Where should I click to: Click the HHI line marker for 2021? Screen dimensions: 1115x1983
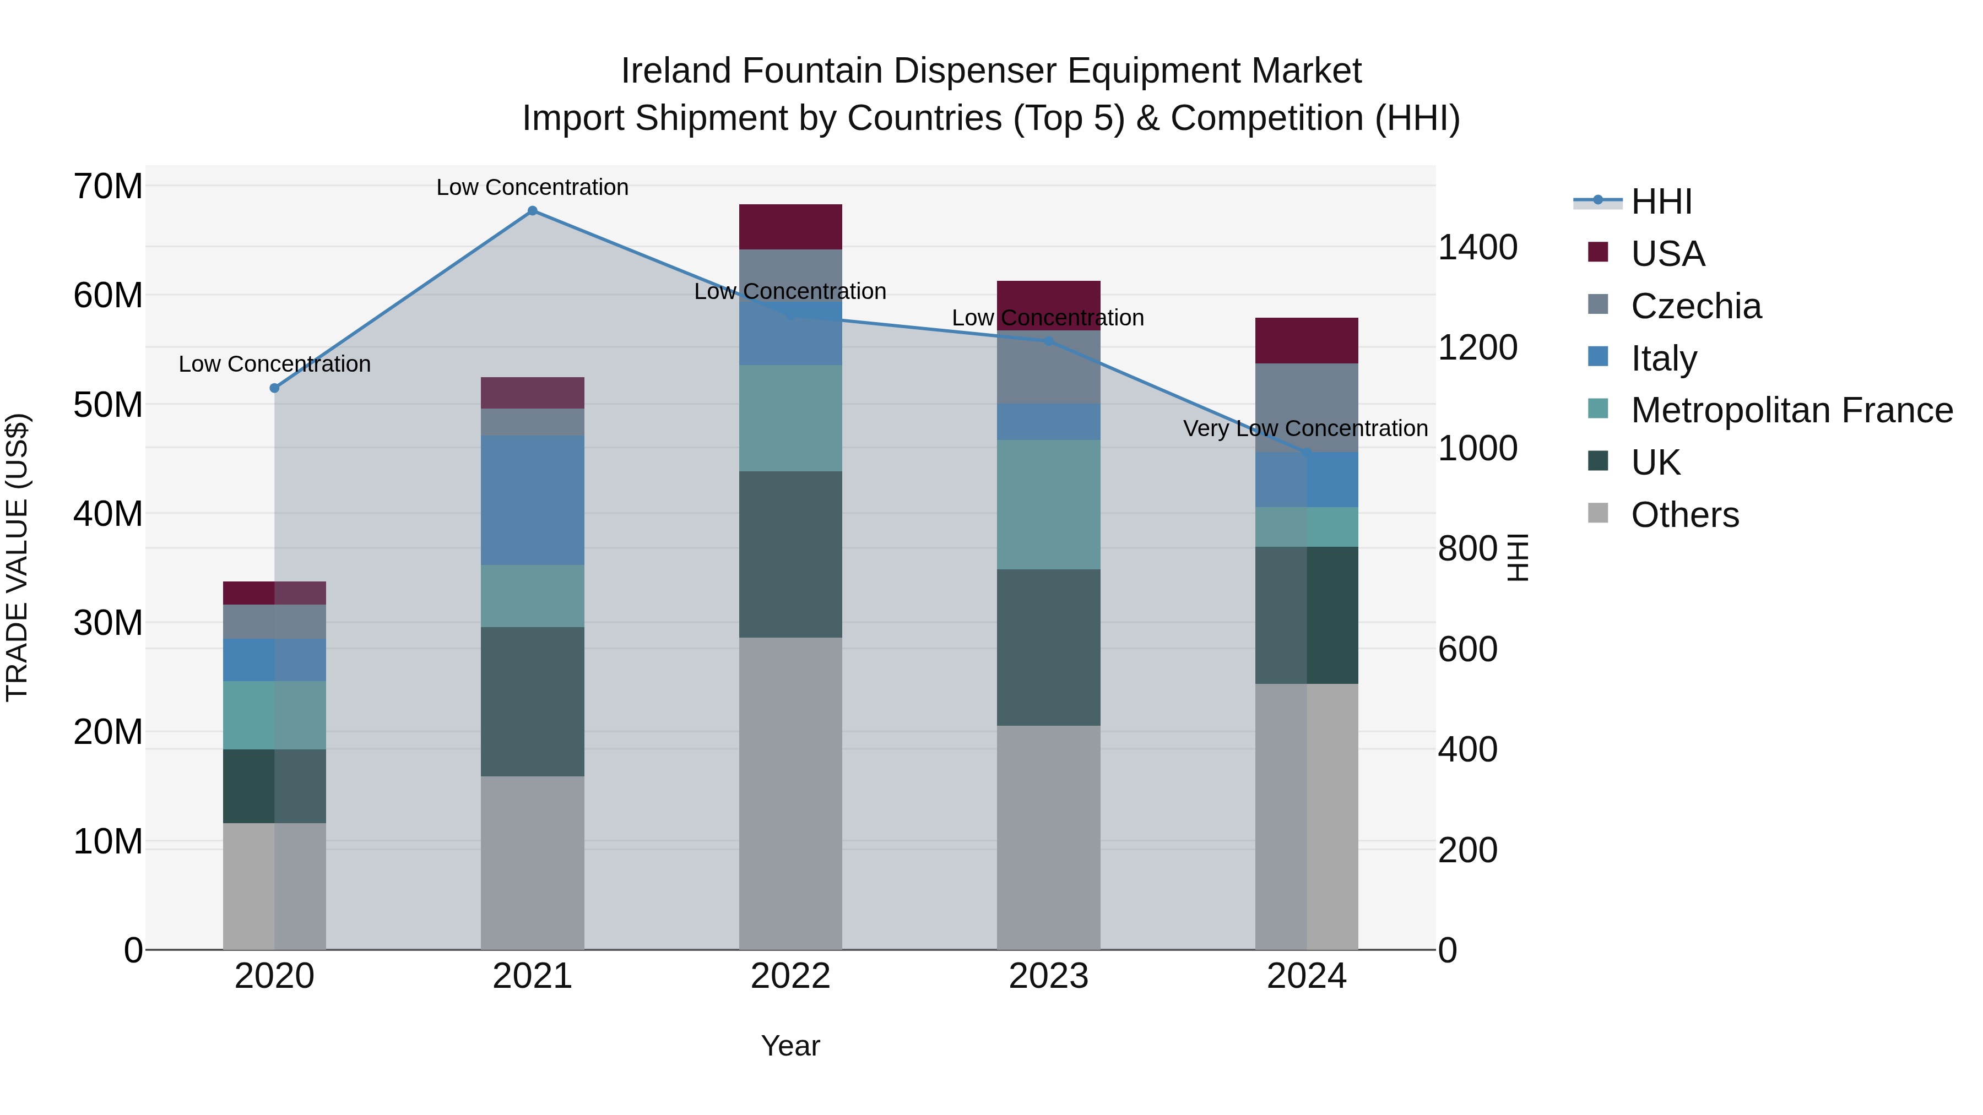tap(532, 211)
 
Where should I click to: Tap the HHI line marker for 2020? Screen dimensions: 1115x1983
tap(274, 388)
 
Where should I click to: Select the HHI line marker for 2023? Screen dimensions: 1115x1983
tap(1048, 341)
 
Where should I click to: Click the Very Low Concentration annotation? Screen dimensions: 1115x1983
tap(1305, 428)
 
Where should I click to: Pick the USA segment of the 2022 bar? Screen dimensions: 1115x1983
tap(790, 227)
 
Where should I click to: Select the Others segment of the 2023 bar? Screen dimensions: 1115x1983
tap(1048, 837)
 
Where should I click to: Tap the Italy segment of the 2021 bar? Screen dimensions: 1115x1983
tap(532, 500)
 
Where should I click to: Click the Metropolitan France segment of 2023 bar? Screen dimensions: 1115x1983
tap(1048, 505)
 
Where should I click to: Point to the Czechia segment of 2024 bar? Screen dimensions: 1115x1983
tap(1307, 408)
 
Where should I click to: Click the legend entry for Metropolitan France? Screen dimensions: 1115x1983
tap(1791, 410)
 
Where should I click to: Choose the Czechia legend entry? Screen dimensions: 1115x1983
tap(1696, 306)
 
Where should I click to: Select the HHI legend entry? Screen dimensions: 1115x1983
tap(1661, 202)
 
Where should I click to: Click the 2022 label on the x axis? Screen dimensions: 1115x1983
tap(790, 976)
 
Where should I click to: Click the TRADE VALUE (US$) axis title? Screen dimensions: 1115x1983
tap(17, 557)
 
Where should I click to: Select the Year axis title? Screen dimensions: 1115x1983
tap(790, 1046)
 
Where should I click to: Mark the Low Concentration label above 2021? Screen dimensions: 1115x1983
tap(532, 187)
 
